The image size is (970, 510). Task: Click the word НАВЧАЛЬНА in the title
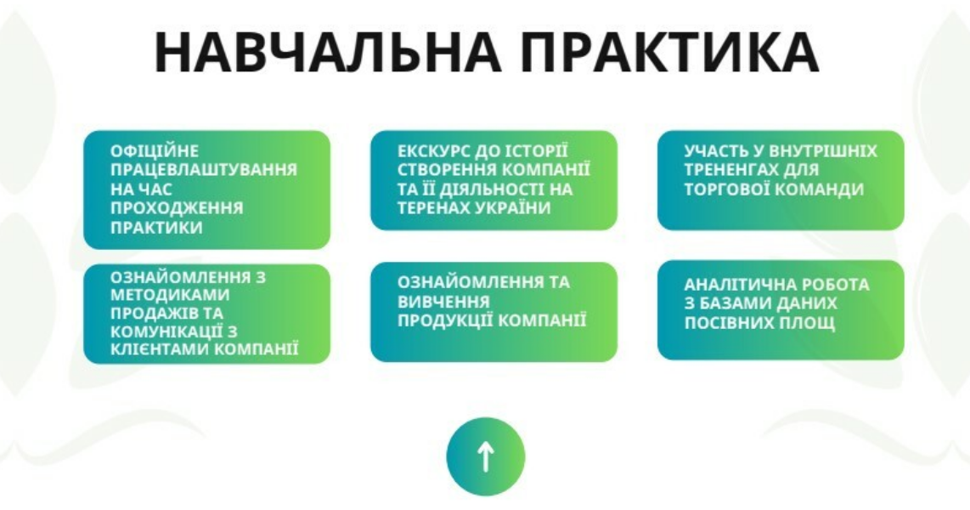tap(327, 51)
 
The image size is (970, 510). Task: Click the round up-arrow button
tap(486, 456)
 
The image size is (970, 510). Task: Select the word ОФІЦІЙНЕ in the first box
tap(155, 150)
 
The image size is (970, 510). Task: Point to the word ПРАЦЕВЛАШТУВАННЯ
tap(204, 170)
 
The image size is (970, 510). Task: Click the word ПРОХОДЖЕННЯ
tap(177, 208)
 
